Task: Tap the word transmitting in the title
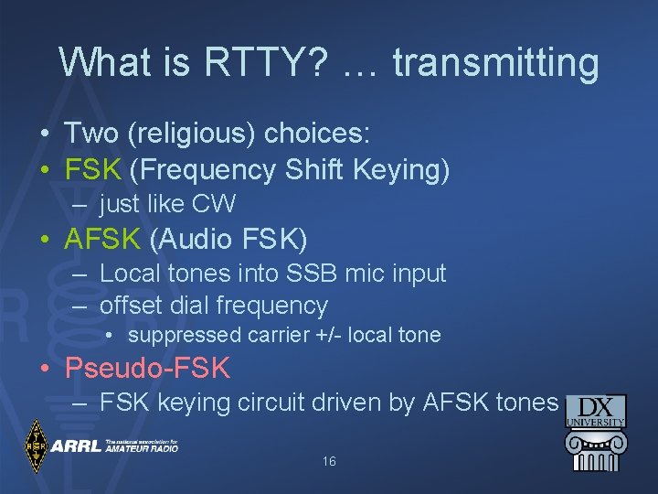[x=495, y=63]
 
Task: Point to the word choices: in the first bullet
[x=317, y=134]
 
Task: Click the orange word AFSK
[x=102, y=239]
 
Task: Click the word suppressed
[x=186, y=335]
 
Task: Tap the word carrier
[x=280, y=335]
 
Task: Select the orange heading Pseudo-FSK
[x=147, y=369]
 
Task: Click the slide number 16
[x=329, y=462]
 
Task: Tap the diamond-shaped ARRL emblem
[x=37, y=446]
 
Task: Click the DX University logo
[x=596, y=432]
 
